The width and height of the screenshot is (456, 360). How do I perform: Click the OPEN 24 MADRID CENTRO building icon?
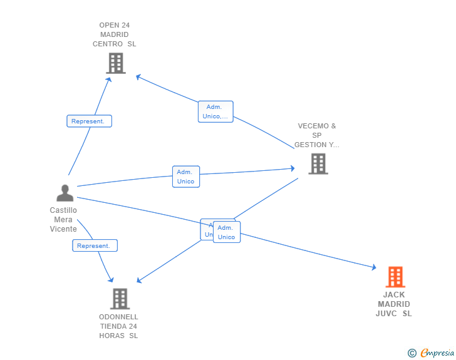[x=116, y=63]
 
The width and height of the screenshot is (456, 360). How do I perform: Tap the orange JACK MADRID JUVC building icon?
[x=395, y=277]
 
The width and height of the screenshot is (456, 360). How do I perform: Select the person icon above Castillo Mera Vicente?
[x=65, y=193]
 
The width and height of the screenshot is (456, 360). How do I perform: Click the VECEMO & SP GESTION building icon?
[x=318, y=163]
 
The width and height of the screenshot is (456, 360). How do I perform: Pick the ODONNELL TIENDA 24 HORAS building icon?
[x=120, y=299]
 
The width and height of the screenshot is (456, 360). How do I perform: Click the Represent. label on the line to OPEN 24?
[x=89, y=121]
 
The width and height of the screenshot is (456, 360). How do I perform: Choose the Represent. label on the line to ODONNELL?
[x=95, y=246]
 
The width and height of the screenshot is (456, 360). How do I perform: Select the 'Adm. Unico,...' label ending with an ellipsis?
[x=215, y=112]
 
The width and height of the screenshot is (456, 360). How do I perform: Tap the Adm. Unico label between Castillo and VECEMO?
[x=185, y=177]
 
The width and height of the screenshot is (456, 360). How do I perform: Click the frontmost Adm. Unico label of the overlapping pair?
[x=227, y=232]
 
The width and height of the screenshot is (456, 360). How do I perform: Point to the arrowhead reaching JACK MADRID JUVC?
[x=373, y=268]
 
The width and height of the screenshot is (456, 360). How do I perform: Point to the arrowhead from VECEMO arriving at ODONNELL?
[x=140, y=280]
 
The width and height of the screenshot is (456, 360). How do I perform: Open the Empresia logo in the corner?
[x=437, y=353]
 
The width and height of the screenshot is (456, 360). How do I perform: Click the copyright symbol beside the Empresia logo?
[x=412, y=353]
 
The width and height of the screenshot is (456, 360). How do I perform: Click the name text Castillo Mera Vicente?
[x=63, y=220]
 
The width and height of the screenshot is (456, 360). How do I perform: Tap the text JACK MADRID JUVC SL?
[x=394, y=304]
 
